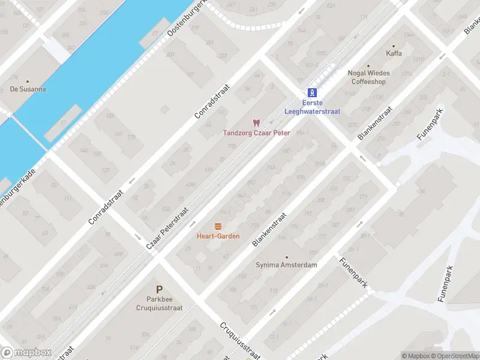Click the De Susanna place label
[x=28, y=89]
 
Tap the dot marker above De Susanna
[x=28, y=80]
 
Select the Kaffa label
[x=394, y=53]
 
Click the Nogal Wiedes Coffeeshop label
[x=368, y=77]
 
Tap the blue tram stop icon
[x=311, y=92]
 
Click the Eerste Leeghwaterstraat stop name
[x=311, y=107]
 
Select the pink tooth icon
[x=257, y=122]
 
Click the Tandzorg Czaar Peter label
[x=257, y=133]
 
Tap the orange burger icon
[x=218, y=226]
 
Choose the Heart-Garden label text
[x=218, y=236]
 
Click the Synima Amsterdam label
[x=286, y=265]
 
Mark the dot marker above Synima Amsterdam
[x=286, y=257]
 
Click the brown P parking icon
[x=159, y=289]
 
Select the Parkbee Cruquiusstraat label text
[x=159, y=303]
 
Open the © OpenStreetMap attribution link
[x=454, y=356]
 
